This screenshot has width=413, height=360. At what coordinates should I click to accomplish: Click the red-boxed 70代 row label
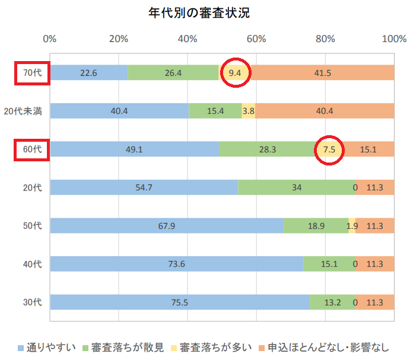point(33,73)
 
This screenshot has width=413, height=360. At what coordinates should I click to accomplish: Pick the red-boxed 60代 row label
point(33,149)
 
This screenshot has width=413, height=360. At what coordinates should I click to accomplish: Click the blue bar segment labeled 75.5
point(180,302)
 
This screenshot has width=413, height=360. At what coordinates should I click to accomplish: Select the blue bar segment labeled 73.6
point(176,264)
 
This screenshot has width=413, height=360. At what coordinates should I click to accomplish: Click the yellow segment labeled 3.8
point(249,111)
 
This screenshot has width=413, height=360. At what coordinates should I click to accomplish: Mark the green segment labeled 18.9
point(316,226)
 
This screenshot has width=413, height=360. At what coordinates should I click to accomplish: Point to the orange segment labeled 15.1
point(368,149)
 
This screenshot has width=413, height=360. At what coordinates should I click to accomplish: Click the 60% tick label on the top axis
point(256,39)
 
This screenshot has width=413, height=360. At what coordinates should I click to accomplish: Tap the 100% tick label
point(394,39)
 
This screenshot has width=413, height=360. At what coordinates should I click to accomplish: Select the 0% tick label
point(50,39)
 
